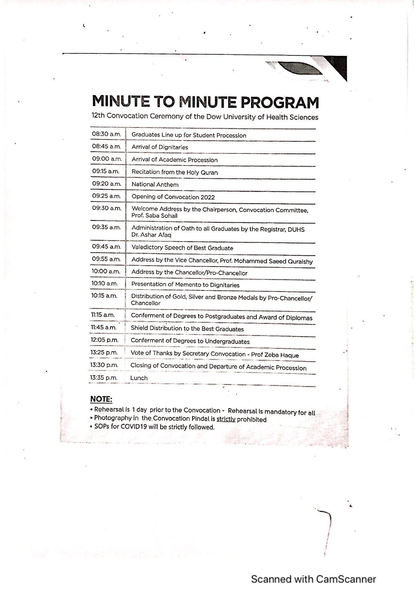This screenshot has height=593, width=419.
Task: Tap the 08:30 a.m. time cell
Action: [x=106, y=134]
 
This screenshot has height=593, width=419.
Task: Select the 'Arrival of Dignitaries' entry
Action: [x=159, y=147]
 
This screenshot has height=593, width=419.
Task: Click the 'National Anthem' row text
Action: [x=155, y=184]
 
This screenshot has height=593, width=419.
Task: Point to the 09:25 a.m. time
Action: [x=106, y=196]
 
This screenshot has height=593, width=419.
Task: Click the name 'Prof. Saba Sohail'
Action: [x=154, y=216]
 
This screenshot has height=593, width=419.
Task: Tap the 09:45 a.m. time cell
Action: [x=106, y=247]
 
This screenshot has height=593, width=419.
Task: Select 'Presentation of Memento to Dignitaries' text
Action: [x=185, y=285]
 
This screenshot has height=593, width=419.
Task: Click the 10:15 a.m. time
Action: [x=104, y=296]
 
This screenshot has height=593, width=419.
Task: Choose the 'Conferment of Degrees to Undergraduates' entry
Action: [x=190, y=341]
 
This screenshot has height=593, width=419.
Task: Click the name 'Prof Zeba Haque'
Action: [x=275, y=355]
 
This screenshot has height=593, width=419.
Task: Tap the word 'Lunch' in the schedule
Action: [x=139, y=378]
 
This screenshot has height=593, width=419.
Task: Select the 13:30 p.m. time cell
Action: [x=104, y=365]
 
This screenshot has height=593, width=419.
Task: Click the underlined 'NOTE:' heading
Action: [x=101, y=399]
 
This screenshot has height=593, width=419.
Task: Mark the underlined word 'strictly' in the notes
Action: [x=226, y=419]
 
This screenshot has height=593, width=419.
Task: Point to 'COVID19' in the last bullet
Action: [x=133, y=427]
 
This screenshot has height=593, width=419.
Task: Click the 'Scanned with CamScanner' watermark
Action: [x=313, y=579]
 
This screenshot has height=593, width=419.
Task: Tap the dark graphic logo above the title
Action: [x=306, y=69]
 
